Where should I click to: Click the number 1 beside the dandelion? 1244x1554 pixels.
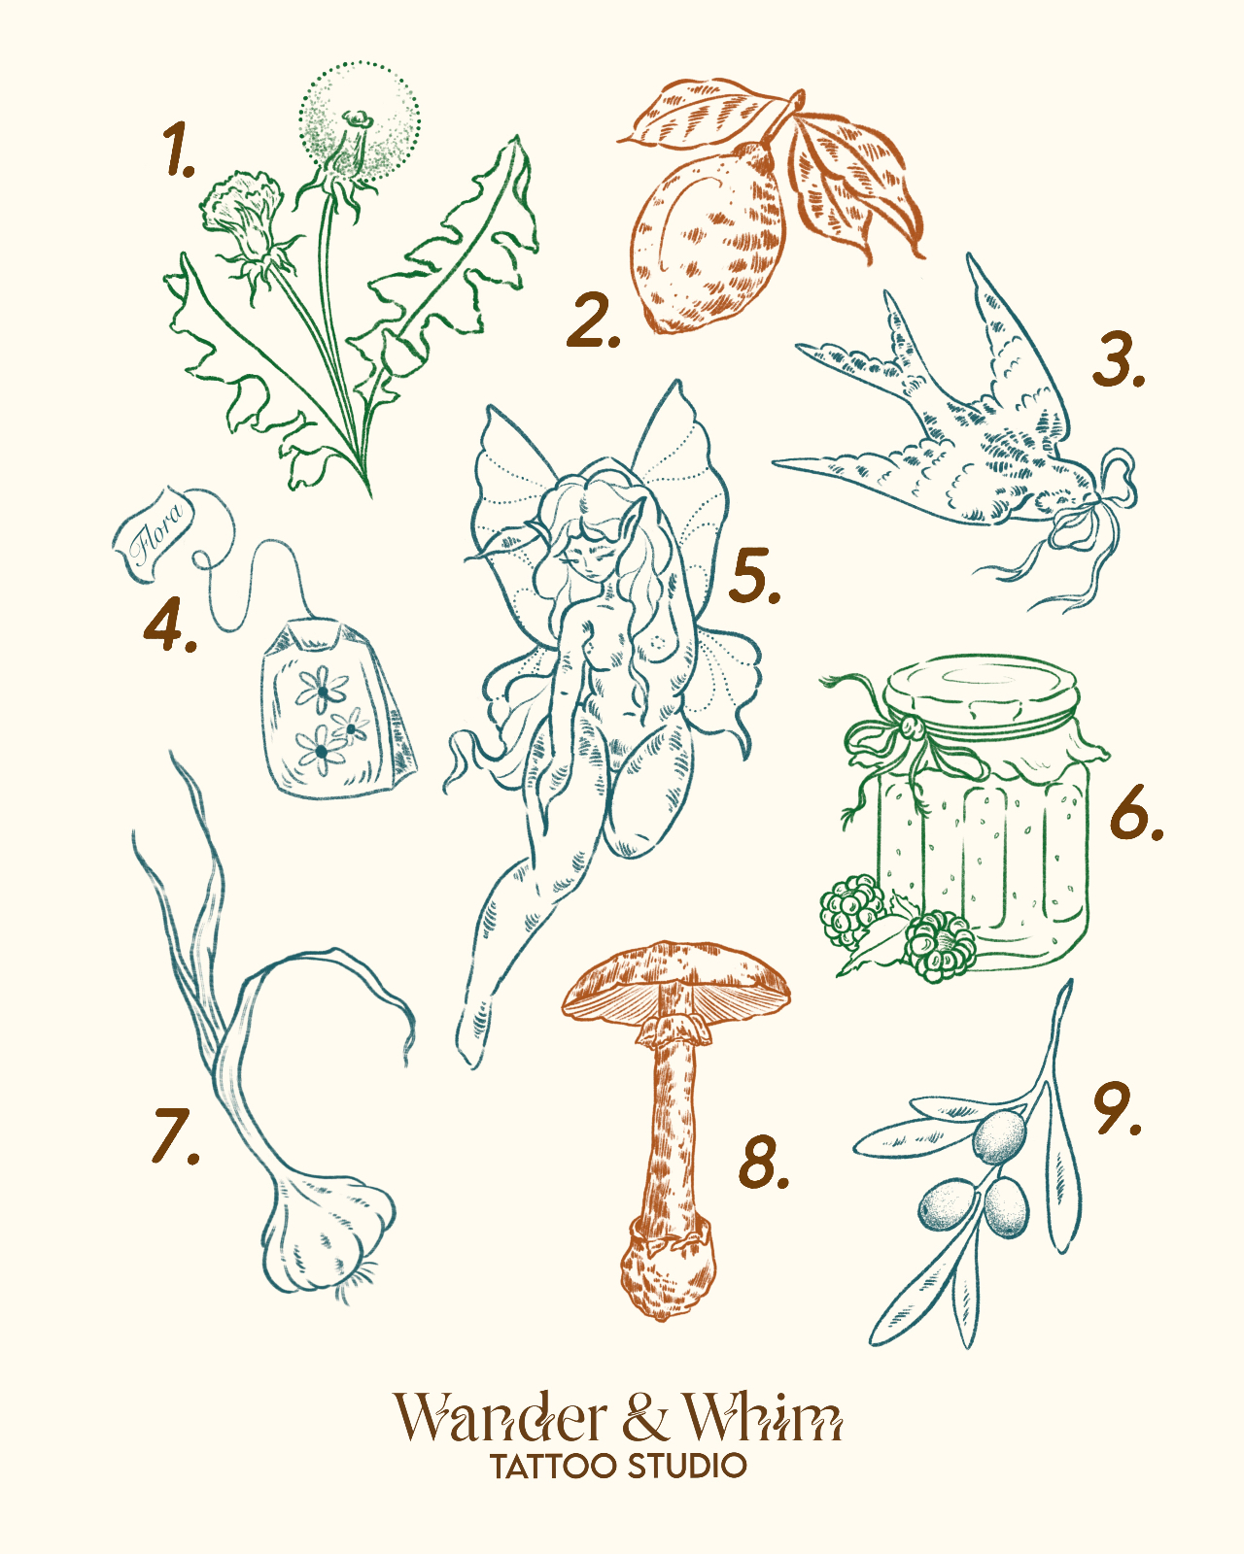(177, 150)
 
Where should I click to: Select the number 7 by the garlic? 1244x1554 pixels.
(174, 1134)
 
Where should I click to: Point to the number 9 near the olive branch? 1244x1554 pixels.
(1117, 1107)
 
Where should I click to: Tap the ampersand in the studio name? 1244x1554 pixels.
(645, 1417)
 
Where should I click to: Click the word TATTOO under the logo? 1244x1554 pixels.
(554, 1467)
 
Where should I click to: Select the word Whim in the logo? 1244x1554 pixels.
(763, 1417)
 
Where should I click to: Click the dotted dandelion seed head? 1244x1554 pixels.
(360, 121)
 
